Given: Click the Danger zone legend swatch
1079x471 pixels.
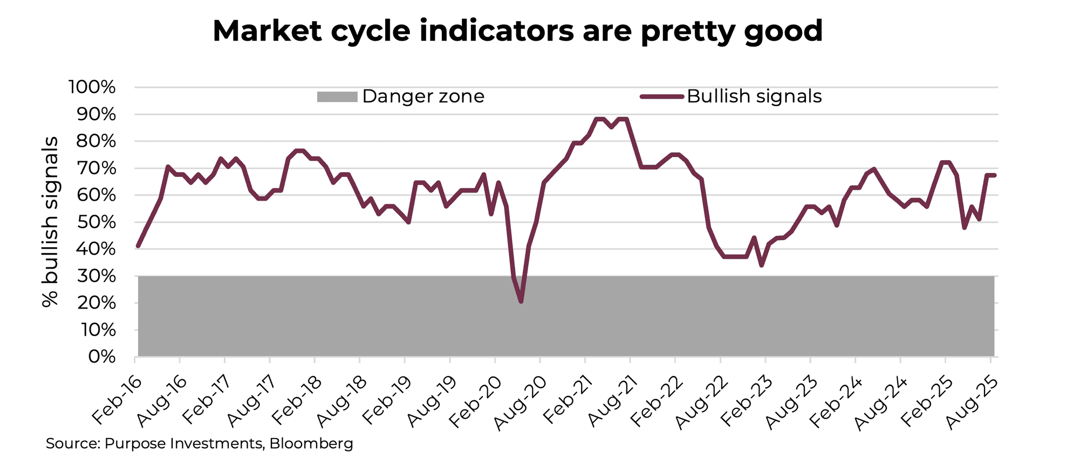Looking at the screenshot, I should click(x=337, y=97).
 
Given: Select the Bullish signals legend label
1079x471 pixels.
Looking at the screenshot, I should click(x=754, y=97).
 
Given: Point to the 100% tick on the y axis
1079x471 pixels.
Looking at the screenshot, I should click(x=92, y=87).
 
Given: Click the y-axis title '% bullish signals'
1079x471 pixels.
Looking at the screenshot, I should click(x=50, y=222).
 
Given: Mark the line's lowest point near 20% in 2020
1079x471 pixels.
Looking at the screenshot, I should click(x=521, y=301).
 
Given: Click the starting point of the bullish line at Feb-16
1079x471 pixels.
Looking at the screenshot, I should click(x=138, y=246).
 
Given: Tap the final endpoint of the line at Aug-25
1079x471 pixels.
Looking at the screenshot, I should click(x=994, y=175).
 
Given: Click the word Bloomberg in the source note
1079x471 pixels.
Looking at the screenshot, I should click(x=311, y=444).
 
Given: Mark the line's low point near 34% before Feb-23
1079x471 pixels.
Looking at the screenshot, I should click(x=761, y=265).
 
